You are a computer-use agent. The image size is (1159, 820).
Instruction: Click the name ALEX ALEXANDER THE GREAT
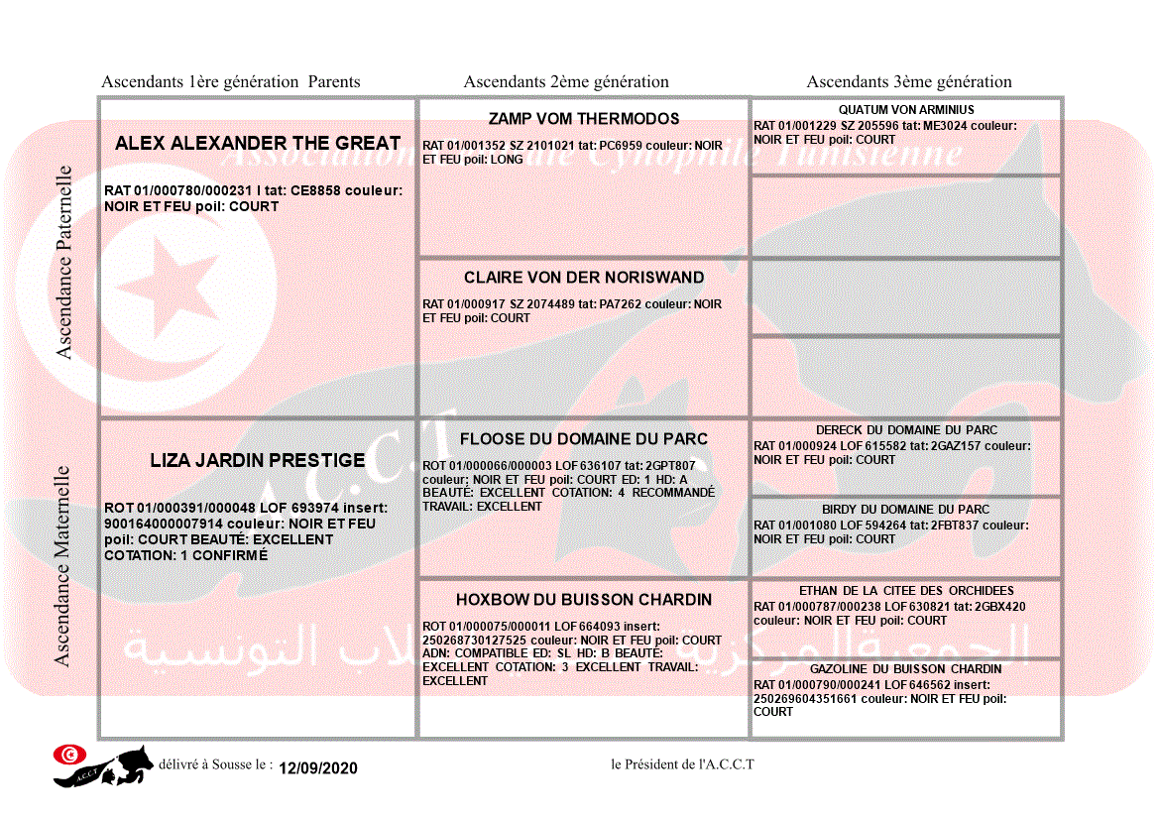(x=258, y=143)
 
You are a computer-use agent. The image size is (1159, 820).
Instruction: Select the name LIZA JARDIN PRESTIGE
(x=258, y=460)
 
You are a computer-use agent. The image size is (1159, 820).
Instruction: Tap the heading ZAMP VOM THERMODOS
(x=584, y=119)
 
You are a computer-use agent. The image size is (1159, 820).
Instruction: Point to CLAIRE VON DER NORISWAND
(x=584, y=278)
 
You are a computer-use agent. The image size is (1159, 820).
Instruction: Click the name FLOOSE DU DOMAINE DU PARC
(x=584, y=439)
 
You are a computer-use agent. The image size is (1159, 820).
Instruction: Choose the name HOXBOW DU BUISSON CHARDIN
(x=584, y=600)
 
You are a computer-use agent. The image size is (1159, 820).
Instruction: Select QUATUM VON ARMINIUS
(x=906, y=110)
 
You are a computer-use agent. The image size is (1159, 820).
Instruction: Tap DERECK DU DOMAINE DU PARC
(x=906, y=430)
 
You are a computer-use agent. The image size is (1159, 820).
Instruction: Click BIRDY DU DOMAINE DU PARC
(x=906, y=510)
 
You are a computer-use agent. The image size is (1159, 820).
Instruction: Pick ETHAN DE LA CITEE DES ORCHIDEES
(x=906, y=591)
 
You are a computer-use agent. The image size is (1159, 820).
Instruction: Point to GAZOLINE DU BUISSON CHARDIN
(x=906, y=669)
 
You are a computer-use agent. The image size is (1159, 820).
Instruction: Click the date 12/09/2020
(x=317, y=768)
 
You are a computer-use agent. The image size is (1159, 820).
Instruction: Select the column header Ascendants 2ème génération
(x=566, y=82)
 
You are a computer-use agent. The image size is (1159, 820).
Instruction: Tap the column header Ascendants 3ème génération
(x=909, y=82)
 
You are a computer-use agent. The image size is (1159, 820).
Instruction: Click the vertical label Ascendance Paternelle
(x=64, y=262)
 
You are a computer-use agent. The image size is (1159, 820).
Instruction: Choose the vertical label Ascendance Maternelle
(x=62, y=566)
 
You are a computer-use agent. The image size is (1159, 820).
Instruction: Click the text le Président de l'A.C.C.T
(x=683, y=764)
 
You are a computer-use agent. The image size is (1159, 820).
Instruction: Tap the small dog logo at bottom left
(x=103, y=765)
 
